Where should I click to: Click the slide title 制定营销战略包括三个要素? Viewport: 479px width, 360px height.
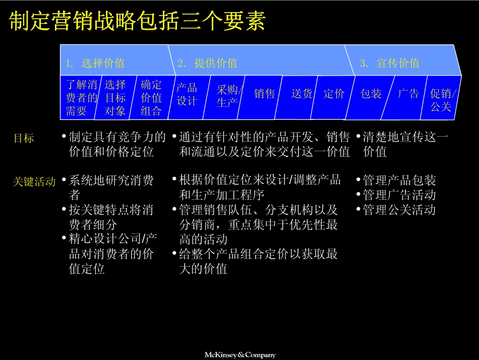(137, 22)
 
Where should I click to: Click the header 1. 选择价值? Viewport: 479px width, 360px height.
(95, 63)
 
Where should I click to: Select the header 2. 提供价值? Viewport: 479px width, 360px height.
(207, 63)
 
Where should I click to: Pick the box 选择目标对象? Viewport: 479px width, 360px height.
(115, 98)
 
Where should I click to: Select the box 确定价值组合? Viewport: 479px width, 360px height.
(151, 98)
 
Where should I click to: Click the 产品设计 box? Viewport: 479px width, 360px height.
(187, 94)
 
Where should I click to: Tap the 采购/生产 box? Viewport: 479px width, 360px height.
(228, 96)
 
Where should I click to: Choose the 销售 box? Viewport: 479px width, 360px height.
(265, 94)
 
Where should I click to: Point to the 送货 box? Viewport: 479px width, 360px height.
(302, 94)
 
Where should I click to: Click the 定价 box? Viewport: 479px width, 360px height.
(334, 94)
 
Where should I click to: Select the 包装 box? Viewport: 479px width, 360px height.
(371, 94)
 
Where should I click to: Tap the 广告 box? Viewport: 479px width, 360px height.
(408, 94)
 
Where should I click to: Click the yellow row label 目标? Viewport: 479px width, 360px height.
(24, 138)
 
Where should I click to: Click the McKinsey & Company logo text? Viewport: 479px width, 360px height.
(239, 355)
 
